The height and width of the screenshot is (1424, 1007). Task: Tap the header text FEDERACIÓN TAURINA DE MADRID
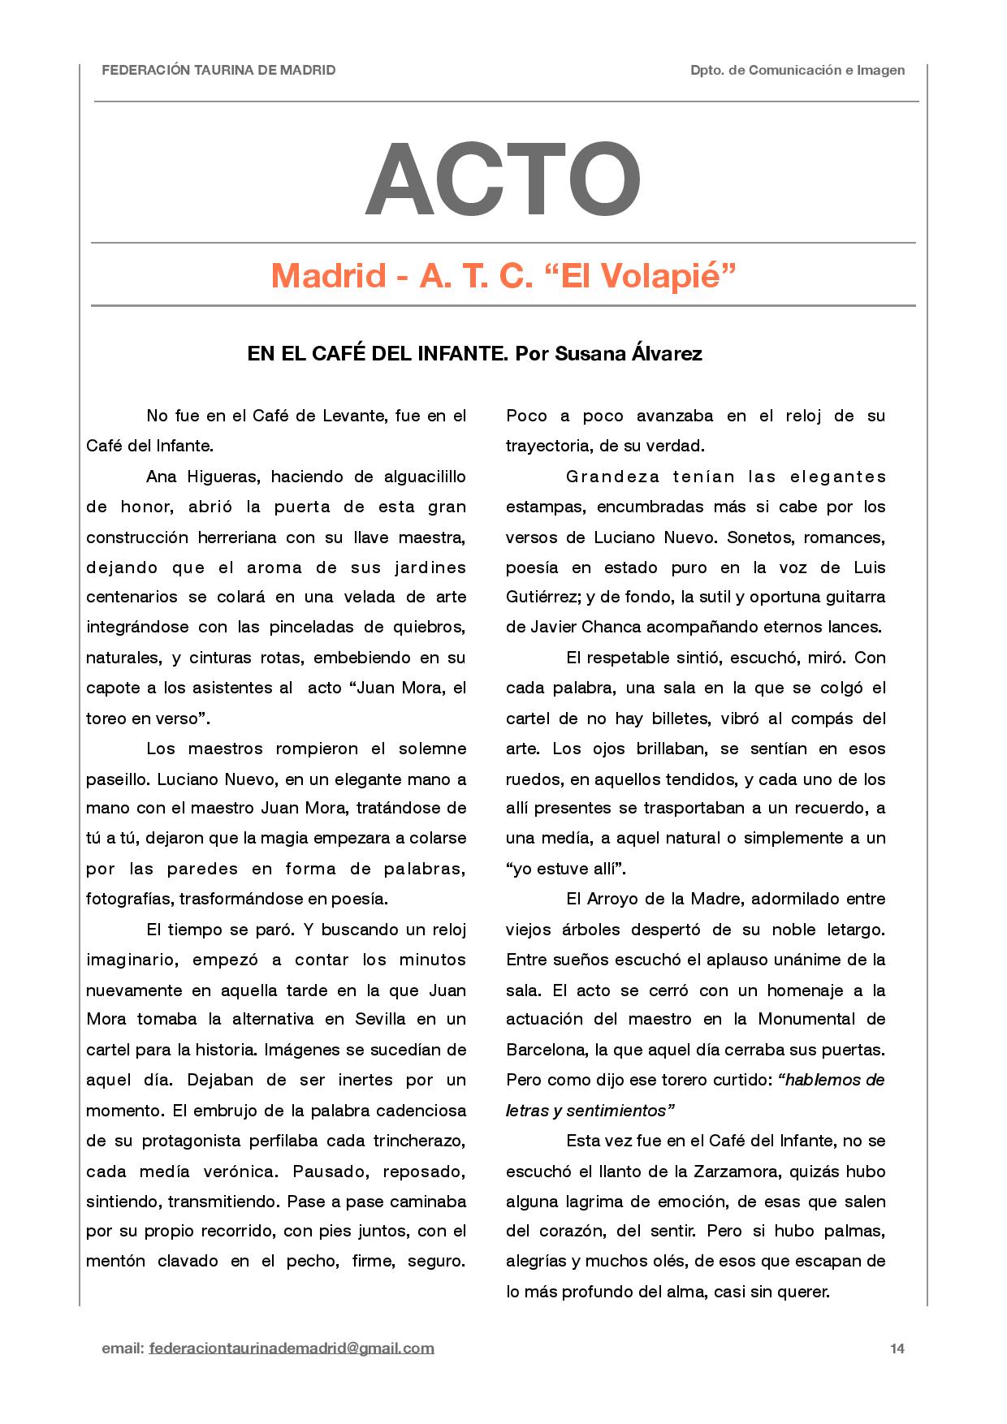point(218,71)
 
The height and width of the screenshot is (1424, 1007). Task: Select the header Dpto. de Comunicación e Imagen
point(797,71)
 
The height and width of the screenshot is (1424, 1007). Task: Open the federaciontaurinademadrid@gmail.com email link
point(292,1348)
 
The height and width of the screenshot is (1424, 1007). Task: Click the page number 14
point(897,1348)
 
